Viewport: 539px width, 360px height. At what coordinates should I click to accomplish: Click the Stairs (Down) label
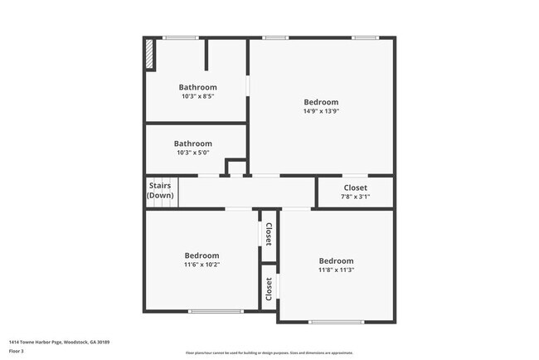[x=160, y=190]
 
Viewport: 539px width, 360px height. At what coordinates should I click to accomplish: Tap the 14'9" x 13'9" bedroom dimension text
[x=321, y=111]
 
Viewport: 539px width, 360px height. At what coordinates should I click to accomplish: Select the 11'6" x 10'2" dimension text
[x=202, y=265]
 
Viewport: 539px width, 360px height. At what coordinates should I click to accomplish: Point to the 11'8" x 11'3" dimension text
[x=336, y=270]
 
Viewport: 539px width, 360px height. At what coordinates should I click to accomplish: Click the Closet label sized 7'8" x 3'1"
[x=355, y=187]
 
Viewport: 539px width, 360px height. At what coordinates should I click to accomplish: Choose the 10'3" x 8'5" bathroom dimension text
[x=197, y=96]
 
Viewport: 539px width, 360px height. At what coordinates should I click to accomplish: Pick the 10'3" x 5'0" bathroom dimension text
[x=193, y=153]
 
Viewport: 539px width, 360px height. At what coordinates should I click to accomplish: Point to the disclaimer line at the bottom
[x=269, y=354]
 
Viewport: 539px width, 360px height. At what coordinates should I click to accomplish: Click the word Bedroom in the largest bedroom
[x=321, y=102]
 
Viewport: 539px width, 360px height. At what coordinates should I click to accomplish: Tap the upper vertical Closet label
[x=269, y=233]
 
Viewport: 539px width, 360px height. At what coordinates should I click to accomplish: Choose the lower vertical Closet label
[x=269, y=289]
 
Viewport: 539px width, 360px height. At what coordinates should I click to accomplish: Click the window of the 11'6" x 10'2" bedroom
[x=216, y=311]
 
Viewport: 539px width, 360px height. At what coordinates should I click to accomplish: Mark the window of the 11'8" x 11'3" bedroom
[x=336, y=321]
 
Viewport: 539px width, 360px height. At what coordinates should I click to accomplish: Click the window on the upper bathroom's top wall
[x=179, y=37]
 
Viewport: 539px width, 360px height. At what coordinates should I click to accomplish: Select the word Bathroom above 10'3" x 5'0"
[x=193, y=144]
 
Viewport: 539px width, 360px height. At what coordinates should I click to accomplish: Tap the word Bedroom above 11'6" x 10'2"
[x=202, y=255]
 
